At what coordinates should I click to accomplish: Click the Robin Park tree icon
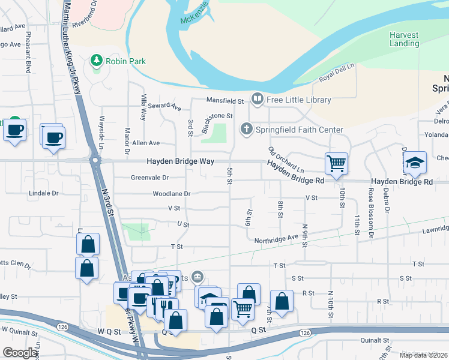95,61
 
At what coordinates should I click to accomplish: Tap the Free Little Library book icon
257,98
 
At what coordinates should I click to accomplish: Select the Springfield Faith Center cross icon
246,128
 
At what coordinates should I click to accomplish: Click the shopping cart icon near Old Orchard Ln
336,163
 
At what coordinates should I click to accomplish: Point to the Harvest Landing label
404,40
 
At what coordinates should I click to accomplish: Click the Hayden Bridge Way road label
181,162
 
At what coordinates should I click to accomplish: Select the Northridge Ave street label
276,238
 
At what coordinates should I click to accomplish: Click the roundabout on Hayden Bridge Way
94,160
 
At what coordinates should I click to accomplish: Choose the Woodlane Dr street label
171,194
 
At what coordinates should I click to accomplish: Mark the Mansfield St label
224,101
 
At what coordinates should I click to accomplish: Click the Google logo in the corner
20,353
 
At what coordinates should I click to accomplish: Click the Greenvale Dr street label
149,178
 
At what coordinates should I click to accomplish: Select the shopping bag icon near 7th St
281,302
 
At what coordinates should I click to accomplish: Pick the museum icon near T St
197,277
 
